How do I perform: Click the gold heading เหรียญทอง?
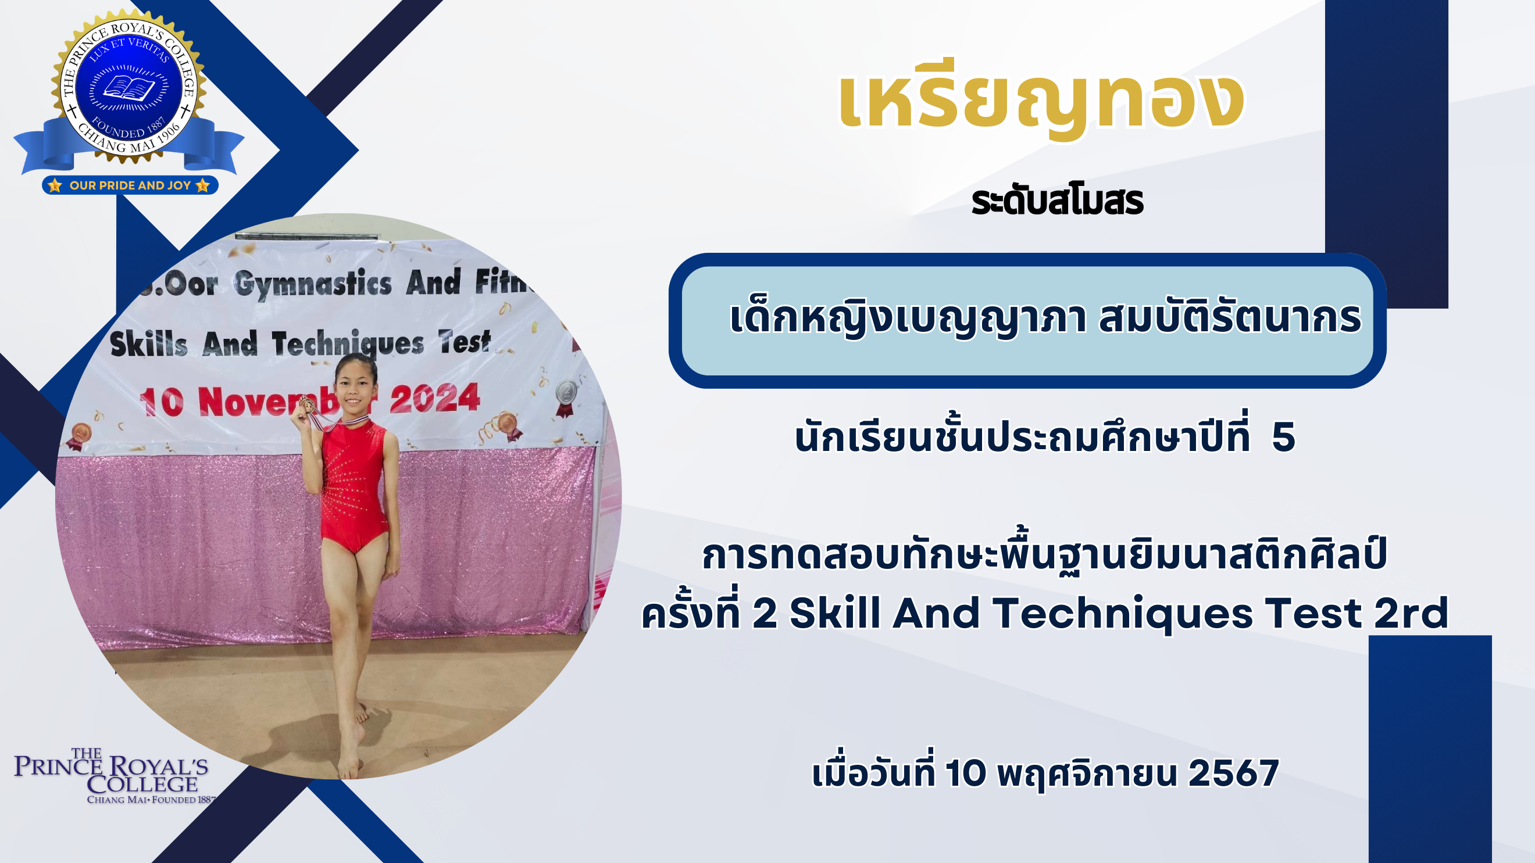pos(1041,100)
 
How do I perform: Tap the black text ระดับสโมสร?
pos(1057,202)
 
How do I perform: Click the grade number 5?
pos(1283,437)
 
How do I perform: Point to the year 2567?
pos(1233,773)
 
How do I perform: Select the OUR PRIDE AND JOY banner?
pos(130,185)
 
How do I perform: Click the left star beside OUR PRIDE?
pos(55,185)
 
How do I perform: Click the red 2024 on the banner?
pos(434,398)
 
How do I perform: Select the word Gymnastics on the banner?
pos(313,284)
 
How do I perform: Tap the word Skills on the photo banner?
pos(149,344)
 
